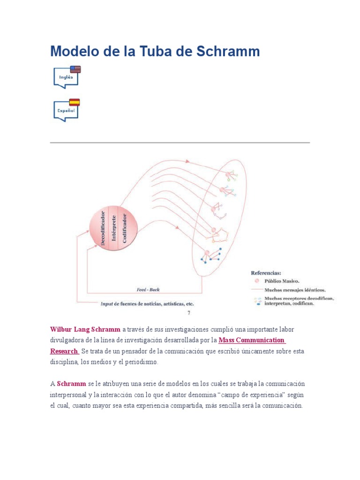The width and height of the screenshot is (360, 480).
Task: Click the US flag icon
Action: tap(75, 69)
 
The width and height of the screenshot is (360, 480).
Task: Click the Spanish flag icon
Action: tap(75, 102)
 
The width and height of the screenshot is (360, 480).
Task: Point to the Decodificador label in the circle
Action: tap(103, 225)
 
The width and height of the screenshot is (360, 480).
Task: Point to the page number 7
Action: tap(188, 313)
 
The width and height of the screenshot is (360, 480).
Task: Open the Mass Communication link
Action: tap(251, 340)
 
